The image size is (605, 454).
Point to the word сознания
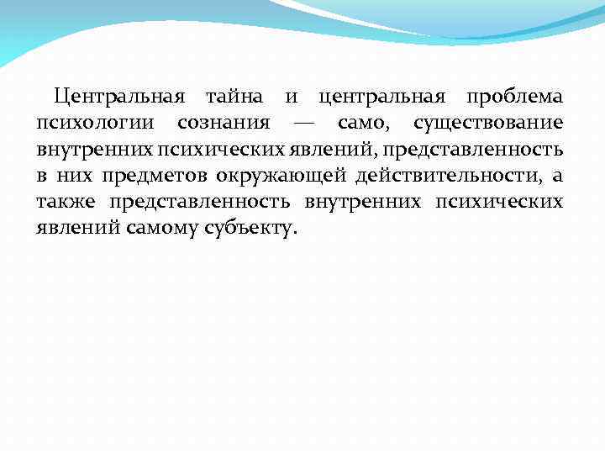click(x=224, y=124)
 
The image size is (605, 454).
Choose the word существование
click(x=487, y=124)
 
